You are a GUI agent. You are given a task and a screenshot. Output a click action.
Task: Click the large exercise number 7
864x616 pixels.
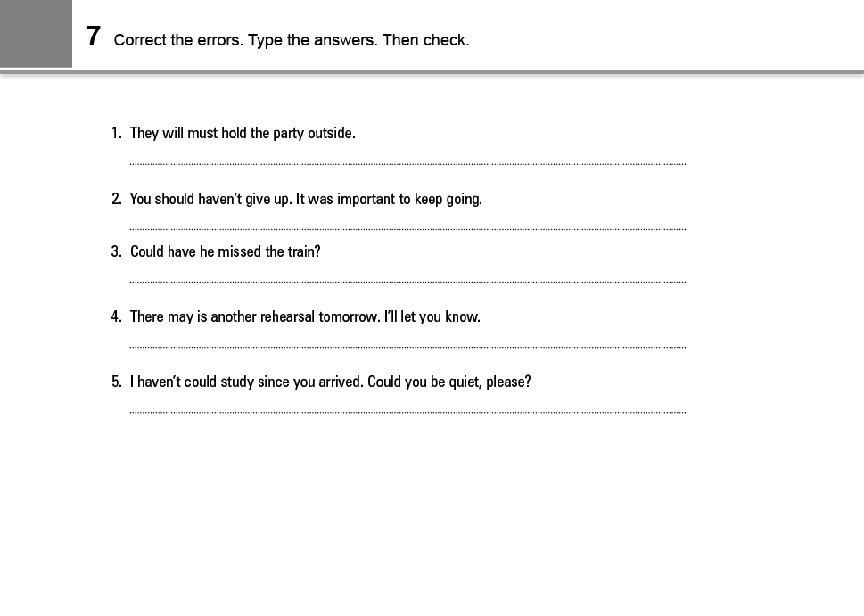[x=94, y=37]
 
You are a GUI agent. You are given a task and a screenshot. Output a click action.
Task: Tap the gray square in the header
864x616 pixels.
[x=36, y=34]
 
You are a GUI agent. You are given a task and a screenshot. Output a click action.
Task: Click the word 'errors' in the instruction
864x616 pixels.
[x=218, y=40]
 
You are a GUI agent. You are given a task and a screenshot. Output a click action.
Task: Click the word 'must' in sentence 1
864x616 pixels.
[x=202, y=134]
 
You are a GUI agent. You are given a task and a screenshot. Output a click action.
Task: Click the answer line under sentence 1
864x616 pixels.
[x=407, y=163]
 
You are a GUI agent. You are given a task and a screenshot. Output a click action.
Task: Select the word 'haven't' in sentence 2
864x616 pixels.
[x=219, y=200]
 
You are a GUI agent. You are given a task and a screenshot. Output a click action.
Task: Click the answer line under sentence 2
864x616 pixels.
[x=407, y=229]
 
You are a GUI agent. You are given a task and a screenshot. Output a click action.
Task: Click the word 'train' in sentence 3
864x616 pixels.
[x=301, y=252]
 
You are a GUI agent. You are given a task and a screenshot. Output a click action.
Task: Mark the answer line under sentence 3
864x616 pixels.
[x=407, y=282]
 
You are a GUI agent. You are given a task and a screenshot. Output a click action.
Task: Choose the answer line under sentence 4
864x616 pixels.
[x=407, y=347]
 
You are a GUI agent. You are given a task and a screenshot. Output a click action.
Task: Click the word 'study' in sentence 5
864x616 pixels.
[x=237, y=382]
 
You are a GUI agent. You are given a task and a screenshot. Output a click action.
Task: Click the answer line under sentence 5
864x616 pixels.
[x=407, y=412]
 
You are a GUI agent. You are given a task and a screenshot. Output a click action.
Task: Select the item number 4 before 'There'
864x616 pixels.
[x=116, y=317]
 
